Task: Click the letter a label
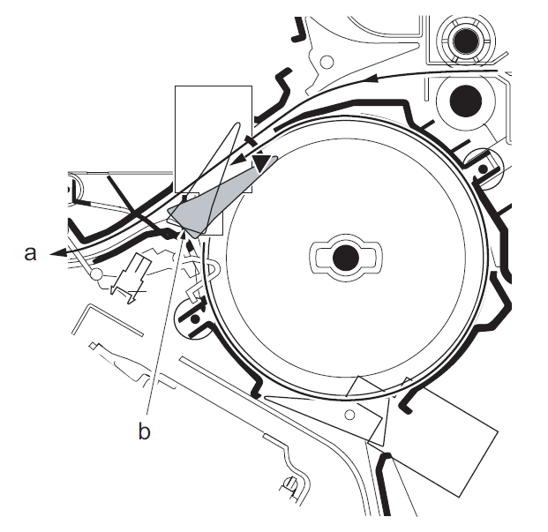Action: [x=30, y=253]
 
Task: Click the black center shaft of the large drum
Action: [x=346, y=258]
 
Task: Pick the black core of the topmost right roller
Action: [x=466, y=41]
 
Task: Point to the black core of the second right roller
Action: [x=466, y=101]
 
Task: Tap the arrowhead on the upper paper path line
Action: [x=373, y=78]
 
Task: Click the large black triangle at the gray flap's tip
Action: [x=262, y=163]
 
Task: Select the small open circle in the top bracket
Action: [x=327, y=62]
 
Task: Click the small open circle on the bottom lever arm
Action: [x=349, y=415]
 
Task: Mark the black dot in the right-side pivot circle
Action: [x=483, y=169]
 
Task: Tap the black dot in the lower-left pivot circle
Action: [x=195, y=318]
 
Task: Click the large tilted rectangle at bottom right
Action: [x=434, y=438]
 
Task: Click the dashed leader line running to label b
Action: [x=164, y=323]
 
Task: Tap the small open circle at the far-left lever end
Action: [x=96, y=274]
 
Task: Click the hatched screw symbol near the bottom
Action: [x=291, y=485]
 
